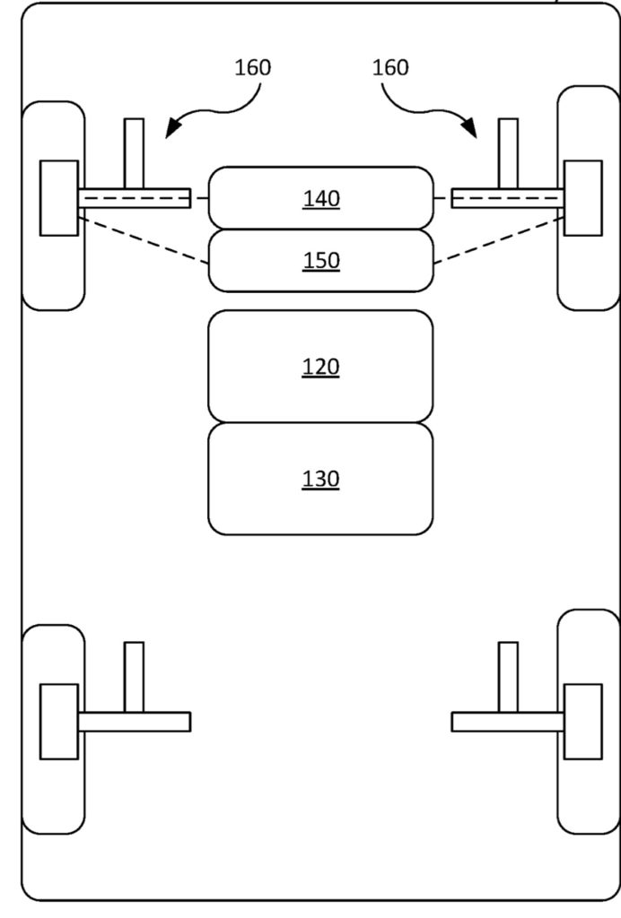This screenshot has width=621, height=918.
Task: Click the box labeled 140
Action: pyautogui.click(x=321, y=198)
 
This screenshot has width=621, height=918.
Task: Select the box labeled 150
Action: pyautogui.click(x=321, y=261)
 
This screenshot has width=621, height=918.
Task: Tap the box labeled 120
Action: pyautogui.click(x=321, y=367)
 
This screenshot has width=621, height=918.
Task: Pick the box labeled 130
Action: pyautogui.click(x=321, y=479)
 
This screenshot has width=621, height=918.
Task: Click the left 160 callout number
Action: pyautogui.click(x=252, y=67)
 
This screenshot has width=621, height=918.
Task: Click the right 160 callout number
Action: pyautogui.click(x=390, y=67)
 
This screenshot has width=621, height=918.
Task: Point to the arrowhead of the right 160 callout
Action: pyautogui.click(x=471, y=129)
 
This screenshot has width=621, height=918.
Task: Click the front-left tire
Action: pyautogui.click(x=53, y=205)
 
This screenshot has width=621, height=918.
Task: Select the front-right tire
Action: pyautogui.click(x=588, y=198)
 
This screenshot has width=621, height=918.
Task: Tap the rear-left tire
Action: pyautogui.click(x=53, y=729)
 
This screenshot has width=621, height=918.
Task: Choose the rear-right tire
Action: pyautogui.click(x=588, y=722)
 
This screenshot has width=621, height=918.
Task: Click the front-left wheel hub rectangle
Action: pyautogui.click(x=58, y=198)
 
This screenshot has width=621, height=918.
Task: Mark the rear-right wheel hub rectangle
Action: pyautogui.click(x=583, y=722)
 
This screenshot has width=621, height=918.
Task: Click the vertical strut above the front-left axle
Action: pyautogui.click(x=134, y=154)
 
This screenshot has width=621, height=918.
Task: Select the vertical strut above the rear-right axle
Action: pyautogui.click(x=508, y=678)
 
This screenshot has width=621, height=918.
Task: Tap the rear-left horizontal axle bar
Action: pyautogui.click(x=134, y=722)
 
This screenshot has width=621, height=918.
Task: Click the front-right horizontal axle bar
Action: pyautogui.click(x=508, y=198)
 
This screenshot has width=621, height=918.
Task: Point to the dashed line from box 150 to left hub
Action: pyautogui.click(x=144, y=240)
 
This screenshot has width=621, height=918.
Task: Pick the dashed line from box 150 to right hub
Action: pyautogui.click(x=499, y=240)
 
